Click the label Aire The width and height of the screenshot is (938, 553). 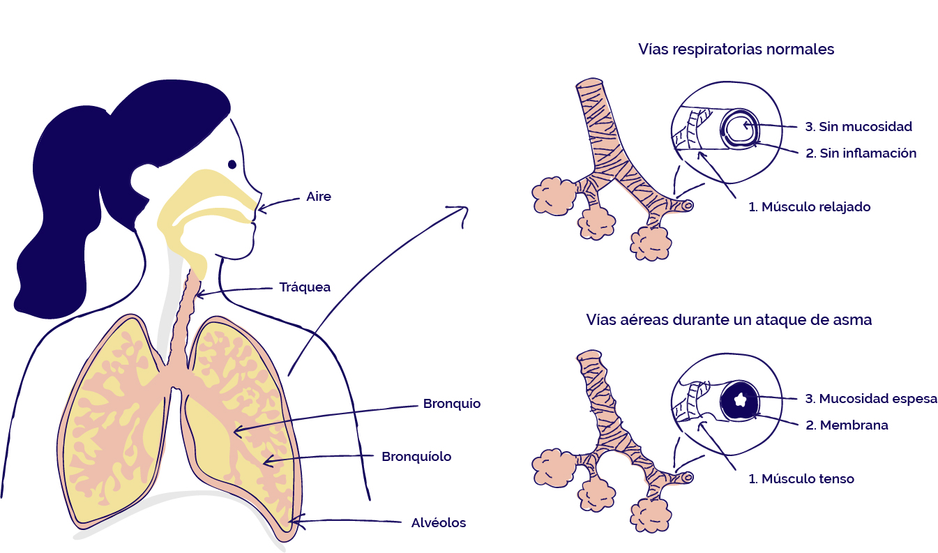[319, 197]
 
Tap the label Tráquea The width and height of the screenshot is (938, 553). [305, 287]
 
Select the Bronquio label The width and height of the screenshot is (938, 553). [451, 404]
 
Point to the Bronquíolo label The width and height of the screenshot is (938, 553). [416, 457]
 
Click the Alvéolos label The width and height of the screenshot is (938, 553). [438, 523]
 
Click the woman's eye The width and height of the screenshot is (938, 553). [232, 165]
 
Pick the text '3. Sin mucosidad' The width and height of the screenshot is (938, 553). [858, 127]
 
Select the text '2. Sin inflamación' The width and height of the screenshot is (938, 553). [861, 153]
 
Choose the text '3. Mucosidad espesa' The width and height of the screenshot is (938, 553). [871, 399]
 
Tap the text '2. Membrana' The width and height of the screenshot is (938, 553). [847, 425]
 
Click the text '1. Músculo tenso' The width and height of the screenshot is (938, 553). [801, 479]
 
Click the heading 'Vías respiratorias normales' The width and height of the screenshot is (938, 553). [736, 50]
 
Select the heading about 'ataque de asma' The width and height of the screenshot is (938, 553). [729, 320]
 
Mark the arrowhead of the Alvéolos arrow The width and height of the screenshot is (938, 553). [293, 520]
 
